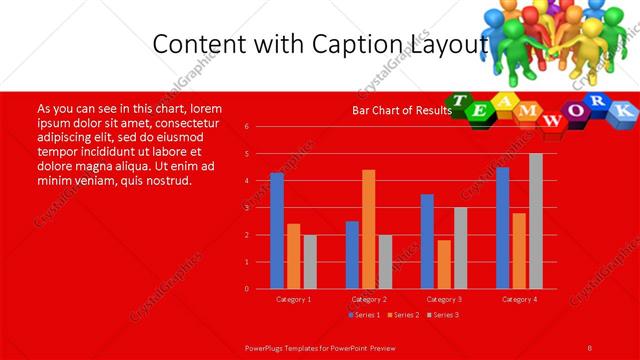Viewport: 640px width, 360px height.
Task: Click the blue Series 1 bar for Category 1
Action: pyautogui.click(x=277, y=231)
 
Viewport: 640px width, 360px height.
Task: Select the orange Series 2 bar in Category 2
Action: pyautogui.click(x=369, y=229)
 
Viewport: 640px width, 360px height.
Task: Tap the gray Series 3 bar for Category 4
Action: pyautogui.click(x=536, y=221)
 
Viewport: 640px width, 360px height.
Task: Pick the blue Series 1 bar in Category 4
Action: pyautogui.click(x=502, y=228)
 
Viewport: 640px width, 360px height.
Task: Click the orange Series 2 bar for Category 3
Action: pyautogui.click(x=444, y=264)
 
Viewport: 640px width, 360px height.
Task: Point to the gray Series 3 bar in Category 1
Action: pyautogui.click(x=310, y=262)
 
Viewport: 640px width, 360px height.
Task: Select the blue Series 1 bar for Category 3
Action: pyautogui.click(x=427, y=241)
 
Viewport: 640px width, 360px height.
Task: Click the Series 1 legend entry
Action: pyautogui.click(x=364, y=315)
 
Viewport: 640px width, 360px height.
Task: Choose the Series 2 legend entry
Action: pyautogui.click(x=403, y=315)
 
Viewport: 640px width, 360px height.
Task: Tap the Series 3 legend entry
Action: pyautogui.click(x=442, y=315)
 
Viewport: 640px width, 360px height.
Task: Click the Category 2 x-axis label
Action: pyautogui.click(x=369, y=299)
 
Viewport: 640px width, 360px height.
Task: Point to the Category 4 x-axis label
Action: pyautogui.click(x=519, y=299)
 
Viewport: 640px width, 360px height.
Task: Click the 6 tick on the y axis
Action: pyautogui.click(x=246, y=127)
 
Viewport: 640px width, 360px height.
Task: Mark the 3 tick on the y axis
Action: pyautogui.click(x=246, y=208)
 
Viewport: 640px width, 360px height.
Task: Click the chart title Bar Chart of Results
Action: pyautogui.click(x=396, y=110)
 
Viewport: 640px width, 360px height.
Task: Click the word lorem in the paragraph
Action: pyautogui.click(x=205, y=108)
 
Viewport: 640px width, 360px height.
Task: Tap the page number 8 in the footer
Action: pyautogui.click(x=590, y=346)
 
